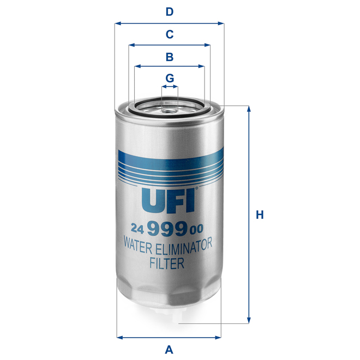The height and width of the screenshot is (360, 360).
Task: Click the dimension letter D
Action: pyautogui.click(x=170, y=11)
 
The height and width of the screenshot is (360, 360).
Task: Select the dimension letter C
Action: pyautogui.click(x=170, y=34)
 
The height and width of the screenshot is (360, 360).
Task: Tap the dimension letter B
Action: pyautogui.click(x=170, y=56)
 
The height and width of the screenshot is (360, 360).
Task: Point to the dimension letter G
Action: pyautogui.click(x=170, y=78)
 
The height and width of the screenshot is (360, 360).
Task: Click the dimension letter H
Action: pyautogui.click(x=260, y=215)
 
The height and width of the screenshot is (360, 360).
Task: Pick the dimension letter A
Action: pyautogui.click(x=169, y=349)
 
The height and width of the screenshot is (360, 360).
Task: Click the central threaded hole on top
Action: pyautogui.click(x=170, y=106)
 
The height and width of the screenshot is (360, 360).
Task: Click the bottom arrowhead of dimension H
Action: pyautogui.click(x=249, y=321)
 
